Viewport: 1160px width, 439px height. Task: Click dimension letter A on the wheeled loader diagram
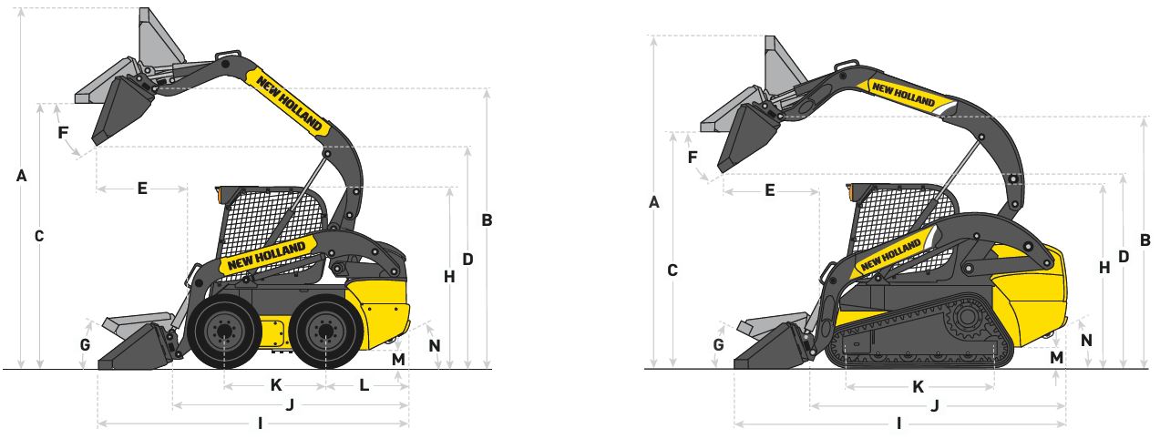pyautogui.click(x=22, y=177)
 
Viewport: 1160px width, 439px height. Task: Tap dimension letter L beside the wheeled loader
pyautogui.click(x=364, y=385)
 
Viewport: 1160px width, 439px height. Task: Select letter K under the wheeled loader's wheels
pyautogui.click(x=275, y=385)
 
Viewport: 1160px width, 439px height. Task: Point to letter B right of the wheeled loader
pyautogui.click(x=487, y=219)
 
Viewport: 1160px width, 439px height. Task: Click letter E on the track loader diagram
pyautogui.click(x=770, y=190)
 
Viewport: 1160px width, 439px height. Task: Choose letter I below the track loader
pyautogui.click(x=899, y=424)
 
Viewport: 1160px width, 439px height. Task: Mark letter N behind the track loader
pyautogui.click(x=1086, y=339)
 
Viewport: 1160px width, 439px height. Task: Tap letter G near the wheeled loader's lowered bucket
pyautogui.click(x=85, y=345)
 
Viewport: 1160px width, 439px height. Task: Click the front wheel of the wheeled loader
pyautogui.click(x=223, y=332)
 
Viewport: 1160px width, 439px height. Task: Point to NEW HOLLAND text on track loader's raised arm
pyautogui.click(x=902, y=93)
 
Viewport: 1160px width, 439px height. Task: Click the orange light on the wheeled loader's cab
pyautogui.click(x=219, y=194)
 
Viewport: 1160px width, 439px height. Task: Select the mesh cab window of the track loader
pyautogui.click(x=898, y=223)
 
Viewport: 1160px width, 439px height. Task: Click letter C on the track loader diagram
pyautogui.click(x=672, y=270)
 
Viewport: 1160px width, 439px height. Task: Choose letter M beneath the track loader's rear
pyautogui.click(x=1056, y=357)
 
